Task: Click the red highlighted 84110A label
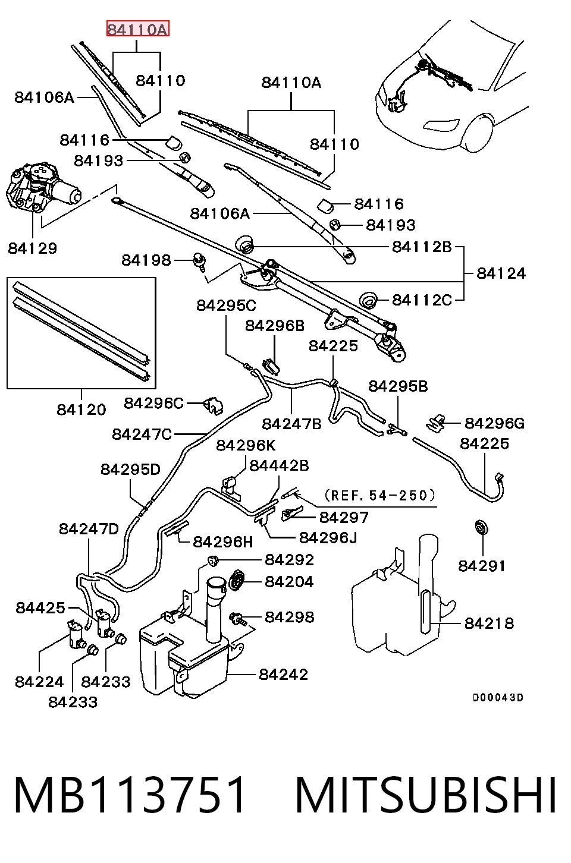137,29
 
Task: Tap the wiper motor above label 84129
42,188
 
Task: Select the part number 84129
32,248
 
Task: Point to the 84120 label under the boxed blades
81,409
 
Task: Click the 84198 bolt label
146,260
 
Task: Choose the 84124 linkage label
501,273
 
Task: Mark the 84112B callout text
422,247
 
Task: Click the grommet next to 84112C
369,300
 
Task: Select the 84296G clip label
495,423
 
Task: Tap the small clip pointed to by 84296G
436,423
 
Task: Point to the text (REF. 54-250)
379,495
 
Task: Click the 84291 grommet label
482,566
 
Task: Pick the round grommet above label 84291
482,527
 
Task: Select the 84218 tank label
490,623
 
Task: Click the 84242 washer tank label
283,674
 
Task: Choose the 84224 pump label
39,682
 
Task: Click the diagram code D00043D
498,697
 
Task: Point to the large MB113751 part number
129,795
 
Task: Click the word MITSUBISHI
426,795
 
